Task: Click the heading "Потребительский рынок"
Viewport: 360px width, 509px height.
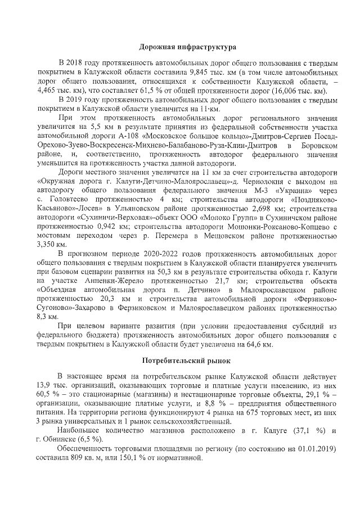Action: (x=180, y=358)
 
